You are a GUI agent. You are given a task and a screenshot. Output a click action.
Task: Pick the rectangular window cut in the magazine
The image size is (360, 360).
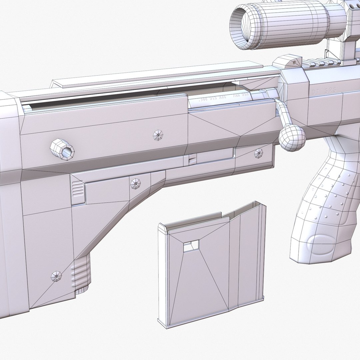point(191,246)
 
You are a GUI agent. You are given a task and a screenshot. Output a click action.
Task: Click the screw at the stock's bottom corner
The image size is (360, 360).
point(56,276)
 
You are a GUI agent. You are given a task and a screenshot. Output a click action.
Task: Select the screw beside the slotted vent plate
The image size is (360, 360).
point(135,184)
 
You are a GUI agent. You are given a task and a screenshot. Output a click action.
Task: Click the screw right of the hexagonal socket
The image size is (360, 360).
point(158,135)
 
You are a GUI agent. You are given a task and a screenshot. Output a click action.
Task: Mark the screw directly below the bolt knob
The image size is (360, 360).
point(259,153)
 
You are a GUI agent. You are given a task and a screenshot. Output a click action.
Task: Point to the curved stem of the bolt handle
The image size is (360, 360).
point(283,113)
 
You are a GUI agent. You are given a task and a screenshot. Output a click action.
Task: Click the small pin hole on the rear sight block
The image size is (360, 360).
point(294,62)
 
